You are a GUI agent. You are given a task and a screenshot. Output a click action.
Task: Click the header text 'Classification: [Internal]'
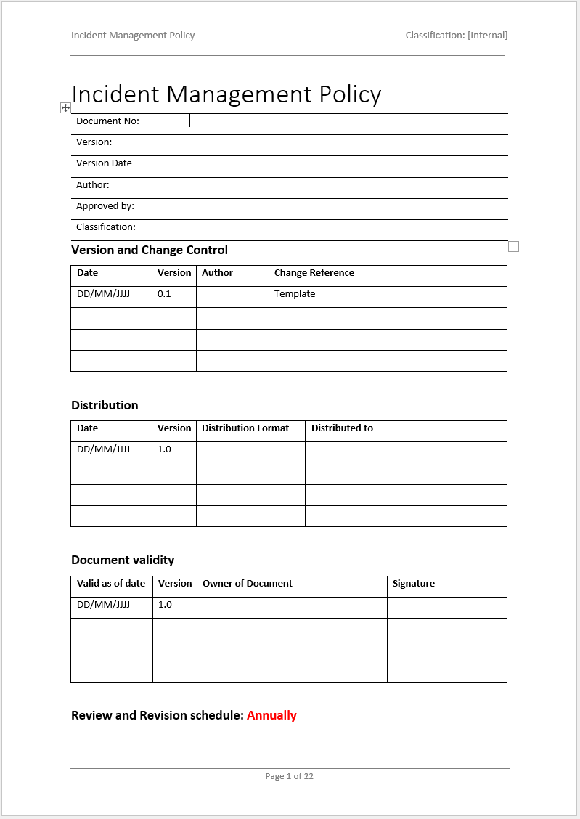tap(456, 35)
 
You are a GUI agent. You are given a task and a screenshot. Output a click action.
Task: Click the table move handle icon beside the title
tap(65, 107)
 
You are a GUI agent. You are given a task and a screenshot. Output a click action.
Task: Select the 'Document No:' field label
tap(107, 121)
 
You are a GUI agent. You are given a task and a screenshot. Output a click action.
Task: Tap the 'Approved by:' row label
tap(105, 206)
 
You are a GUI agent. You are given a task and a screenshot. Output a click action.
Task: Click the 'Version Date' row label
tap(104, 163)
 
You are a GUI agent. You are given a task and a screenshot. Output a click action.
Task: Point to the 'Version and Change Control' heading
tap(150, 250)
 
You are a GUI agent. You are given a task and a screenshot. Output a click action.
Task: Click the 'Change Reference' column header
tap(314, 273)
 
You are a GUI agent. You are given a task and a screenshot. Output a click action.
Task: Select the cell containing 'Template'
tap(295, 294)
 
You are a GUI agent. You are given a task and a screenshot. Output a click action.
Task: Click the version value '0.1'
tap(164, 294)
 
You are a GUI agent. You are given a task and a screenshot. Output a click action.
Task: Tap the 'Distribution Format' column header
tap(245, 428)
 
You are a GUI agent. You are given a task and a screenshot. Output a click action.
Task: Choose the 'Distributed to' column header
tap(342, 428)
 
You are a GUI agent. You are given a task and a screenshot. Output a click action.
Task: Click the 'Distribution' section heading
tap(105, 405)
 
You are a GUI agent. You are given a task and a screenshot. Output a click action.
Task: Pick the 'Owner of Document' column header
tap(247, 584)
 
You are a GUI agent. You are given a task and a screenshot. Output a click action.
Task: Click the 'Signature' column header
tap(413, 584)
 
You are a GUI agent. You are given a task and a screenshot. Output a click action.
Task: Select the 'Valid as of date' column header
tap(111, 584)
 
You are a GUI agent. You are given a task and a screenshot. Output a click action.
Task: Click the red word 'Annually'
tap(271, 715)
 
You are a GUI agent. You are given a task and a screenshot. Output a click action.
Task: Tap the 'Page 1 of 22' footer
tap(289, 776)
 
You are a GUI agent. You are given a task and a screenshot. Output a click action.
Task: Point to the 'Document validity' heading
tap(123, 560)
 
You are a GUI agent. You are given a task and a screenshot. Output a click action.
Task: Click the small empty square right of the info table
tap(513, 247)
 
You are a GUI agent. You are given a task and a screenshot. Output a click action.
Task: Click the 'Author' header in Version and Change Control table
tap(217, 273)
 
